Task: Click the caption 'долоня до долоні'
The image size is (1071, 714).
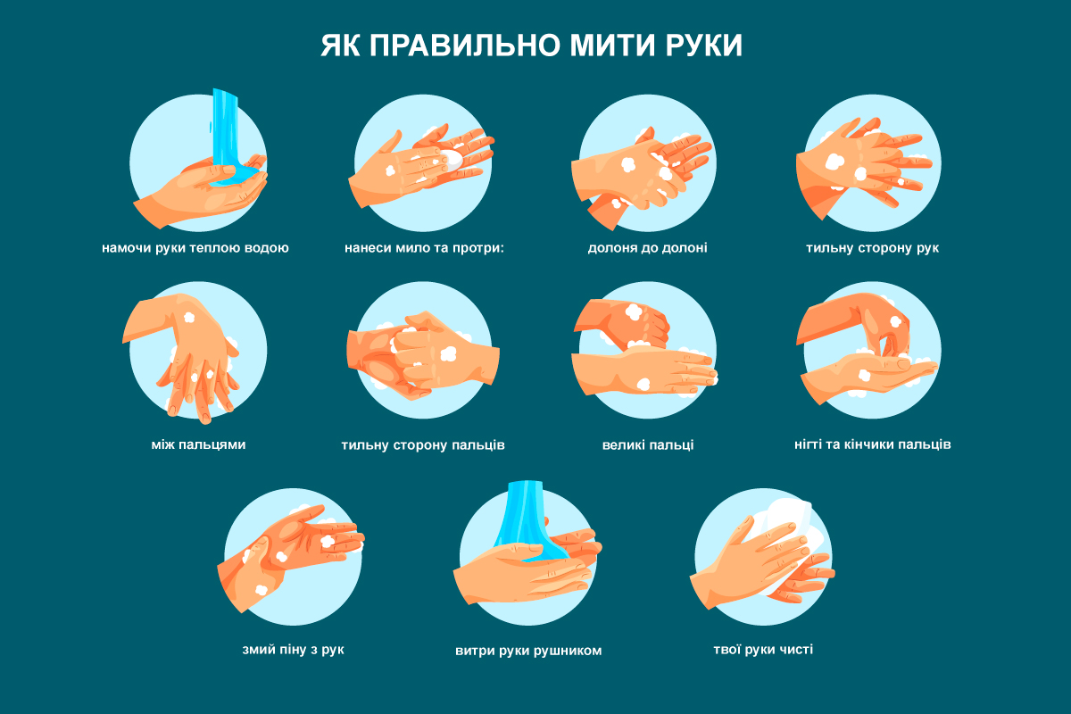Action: click(x=647, y=247)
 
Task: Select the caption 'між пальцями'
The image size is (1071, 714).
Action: click(x=198, y=444)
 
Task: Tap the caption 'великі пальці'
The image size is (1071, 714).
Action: click(x=647, y=444)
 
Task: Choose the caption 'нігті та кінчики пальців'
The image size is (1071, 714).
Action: click(x=872, y=444)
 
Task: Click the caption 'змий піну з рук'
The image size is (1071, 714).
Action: click(x=293, y=649)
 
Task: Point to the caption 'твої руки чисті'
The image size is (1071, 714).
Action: click(x=763, y=649)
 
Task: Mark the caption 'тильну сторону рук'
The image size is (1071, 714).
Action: click(x=872, y=247)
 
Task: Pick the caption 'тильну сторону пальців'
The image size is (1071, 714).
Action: click(x=423, y=444)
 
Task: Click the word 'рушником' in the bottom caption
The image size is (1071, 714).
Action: click(x=569, y=651)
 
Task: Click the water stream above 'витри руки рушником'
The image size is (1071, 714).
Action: click(x=527, y=518)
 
